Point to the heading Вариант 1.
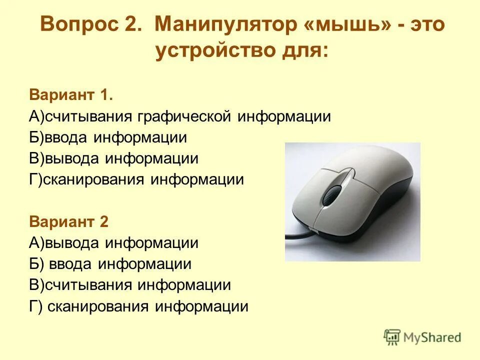coord(71,94)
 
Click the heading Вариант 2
coord(68,221)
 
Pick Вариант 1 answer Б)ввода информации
coord(108,137)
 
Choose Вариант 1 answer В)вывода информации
coord(113,158)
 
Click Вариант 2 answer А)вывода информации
coord(113,243)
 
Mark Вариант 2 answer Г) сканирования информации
coord(138,306)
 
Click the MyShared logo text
coord(432,337)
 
